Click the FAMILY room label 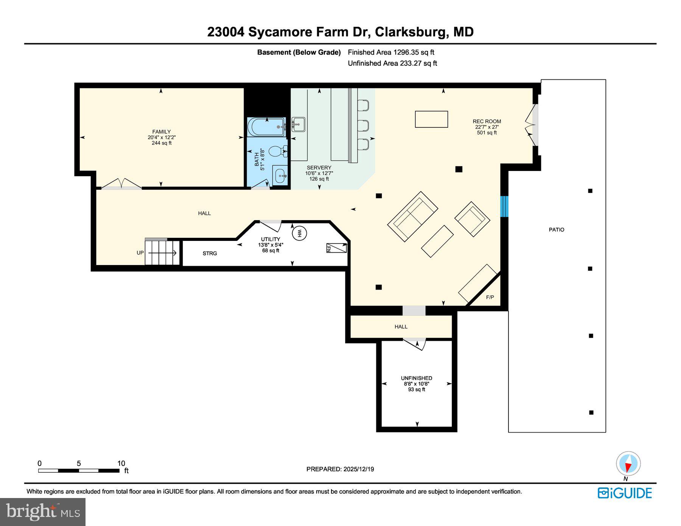tap(162, 132)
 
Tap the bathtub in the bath tap(266, 127)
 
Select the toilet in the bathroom tap(277, 152)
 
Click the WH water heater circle tap(299, 233)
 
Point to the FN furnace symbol tap(336, 248)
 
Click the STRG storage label tap(210, 253)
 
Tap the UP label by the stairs tap(140, 253)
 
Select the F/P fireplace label tap(490, 297)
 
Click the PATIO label tap(556, 230)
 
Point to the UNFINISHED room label tap(416, 378)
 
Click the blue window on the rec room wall tap(504, 206)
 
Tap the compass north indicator tap(628, 464)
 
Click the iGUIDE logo tap(625, 493)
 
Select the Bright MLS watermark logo tap(43, 512)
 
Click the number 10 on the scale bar tap(121, 463)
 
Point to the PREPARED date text tap(340, 469)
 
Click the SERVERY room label tap(319, 168)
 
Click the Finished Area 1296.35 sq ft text tap(391, 52)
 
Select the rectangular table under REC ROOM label tap(431, 119)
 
